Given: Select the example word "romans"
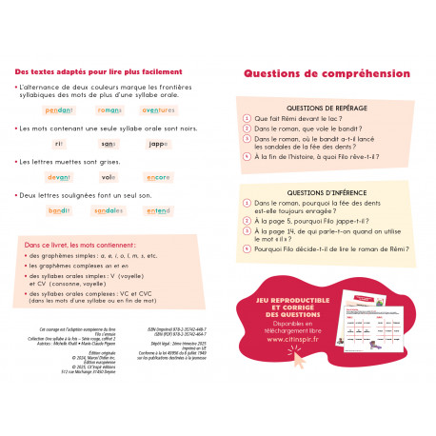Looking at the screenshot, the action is click(109, 110).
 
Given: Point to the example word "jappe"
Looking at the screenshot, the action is click(159, 144).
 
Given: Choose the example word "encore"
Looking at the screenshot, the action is click(157, 177).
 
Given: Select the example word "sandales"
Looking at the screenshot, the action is click(109, 210).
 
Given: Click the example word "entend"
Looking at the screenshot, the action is click(157, 210).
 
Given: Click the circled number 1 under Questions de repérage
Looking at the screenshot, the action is click(247, 119).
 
